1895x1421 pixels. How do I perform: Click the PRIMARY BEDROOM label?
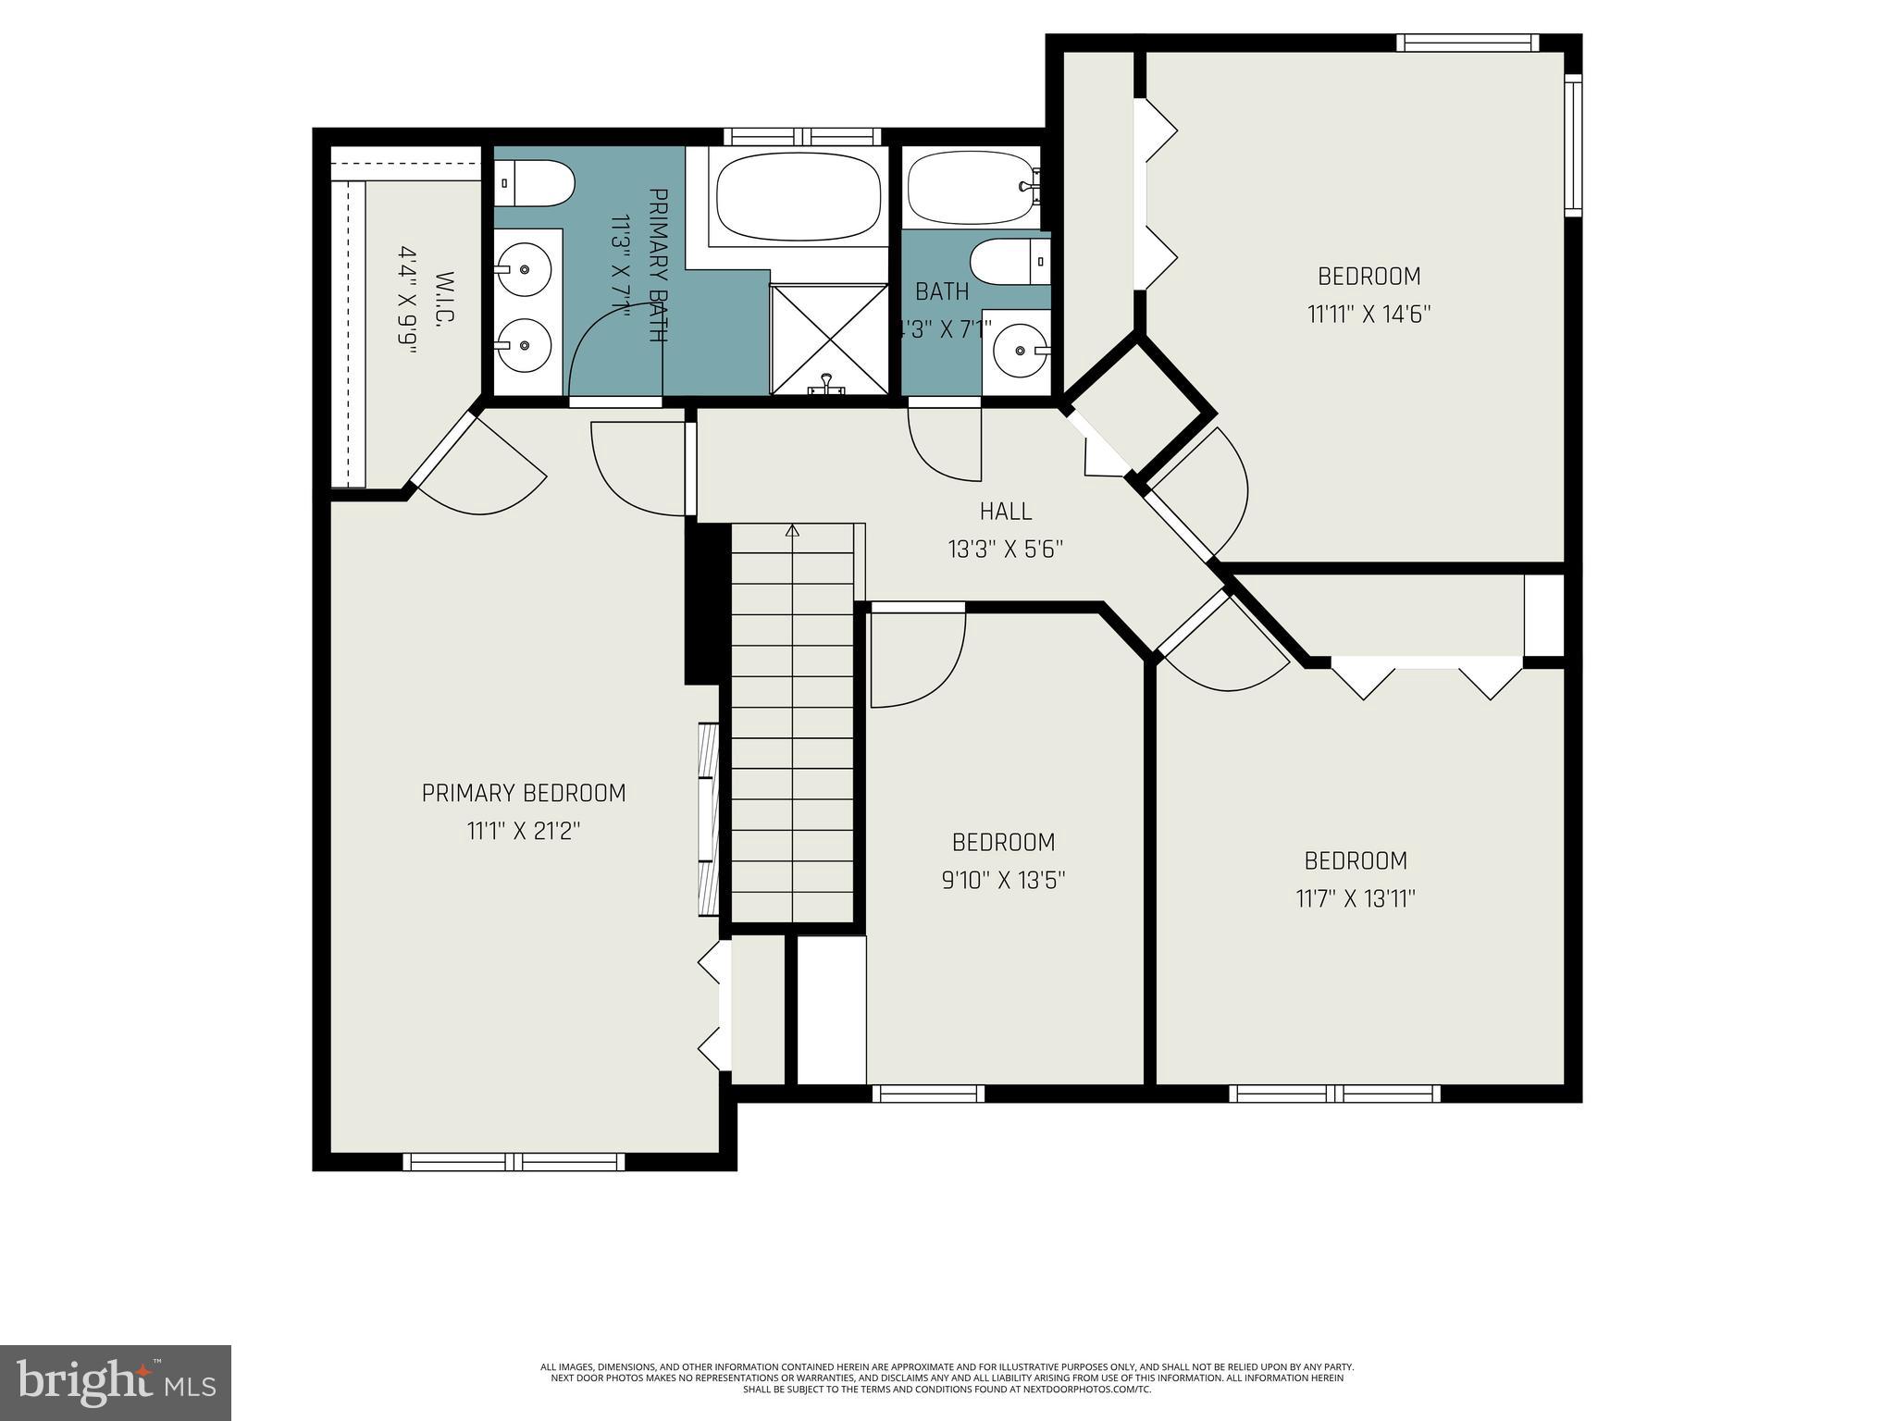(524, 793)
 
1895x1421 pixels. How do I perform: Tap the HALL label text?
(1005, 511)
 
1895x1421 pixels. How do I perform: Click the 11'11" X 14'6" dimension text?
(1369, 315)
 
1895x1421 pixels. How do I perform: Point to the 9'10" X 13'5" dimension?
(1003, 880)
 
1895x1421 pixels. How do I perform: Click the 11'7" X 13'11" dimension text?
(1356, 898)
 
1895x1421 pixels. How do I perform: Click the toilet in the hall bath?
(1010, 262)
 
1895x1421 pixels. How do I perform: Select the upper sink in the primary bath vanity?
(523, 269)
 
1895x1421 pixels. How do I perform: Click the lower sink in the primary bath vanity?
(523, 344)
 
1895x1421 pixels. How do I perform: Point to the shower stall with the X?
(828, 339)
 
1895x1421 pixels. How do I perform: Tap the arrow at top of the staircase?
(792, 531)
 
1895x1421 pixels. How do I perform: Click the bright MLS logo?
(115, 1382)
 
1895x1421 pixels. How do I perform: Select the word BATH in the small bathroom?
(941, 291)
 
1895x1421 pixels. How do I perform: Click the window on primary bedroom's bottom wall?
(514, 1161)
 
